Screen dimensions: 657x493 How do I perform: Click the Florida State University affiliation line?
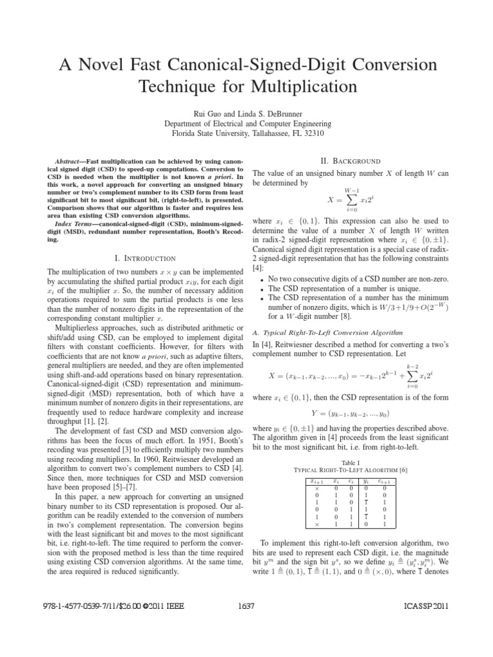pyautogui.click(x=245, y=133)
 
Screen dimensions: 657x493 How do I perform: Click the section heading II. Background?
pyautogui.click(x=349, y=160)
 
